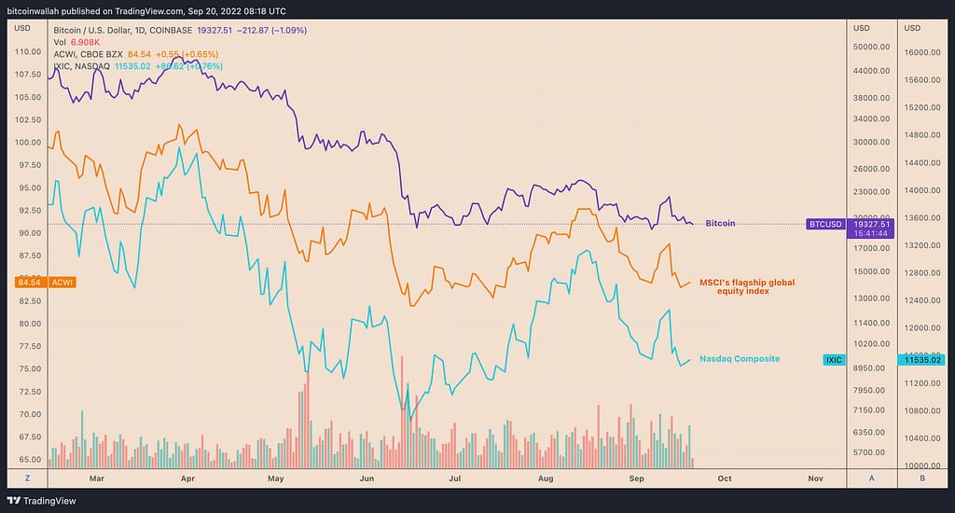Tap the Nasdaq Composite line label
pyautogui.click(x=740, y=359)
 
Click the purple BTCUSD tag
pyautogui.click(x=825, y=224)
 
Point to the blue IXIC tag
pyautogui.click(x=835, y=359)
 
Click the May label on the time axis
pyautogui.click(x=275, y=478)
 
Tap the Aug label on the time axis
pyautogui.click(x=547, y=478)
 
